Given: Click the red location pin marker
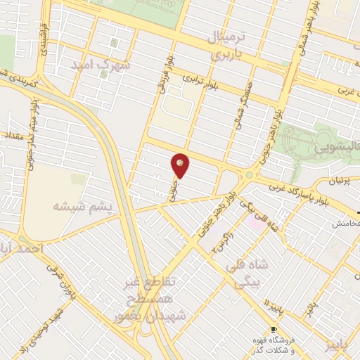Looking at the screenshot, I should pyautogui.click(x=181, y=164).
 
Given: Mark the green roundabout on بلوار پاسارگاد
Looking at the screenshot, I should pyautogui.click(x=248, y=174).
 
